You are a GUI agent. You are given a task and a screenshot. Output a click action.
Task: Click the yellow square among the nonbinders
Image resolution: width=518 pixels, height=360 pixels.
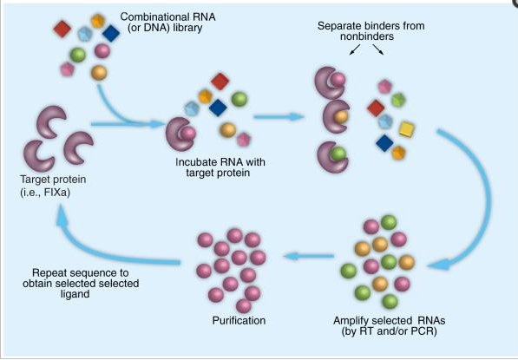point(407,129)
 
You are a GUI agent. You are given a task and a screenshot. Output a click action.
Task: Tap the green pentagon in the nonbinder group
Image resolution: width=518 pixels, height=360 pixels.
point(399,100)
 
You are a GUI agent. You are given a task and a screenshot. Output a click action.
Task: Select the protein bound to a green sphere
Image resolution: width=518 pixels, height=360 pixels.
point(332,156)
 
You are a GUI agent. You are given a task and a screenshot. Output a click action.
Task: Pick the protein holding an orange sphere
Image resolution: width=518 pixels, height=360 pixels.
point(335,116)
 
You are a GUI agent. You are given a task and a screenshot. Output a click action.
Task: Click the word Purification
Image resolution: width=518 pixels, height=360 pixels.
point(239,320)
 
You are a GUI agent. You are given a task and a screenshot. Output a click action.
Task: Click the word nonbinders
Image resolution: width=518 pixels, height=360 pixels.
point(367,36)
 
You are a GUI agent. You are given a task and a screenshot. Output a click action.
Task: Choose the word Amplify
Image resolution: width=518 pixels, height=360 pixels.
point(351,321)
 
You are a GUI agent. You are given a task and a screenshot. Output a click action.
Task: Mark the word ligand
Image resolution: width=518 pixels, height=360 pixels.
point(75,294)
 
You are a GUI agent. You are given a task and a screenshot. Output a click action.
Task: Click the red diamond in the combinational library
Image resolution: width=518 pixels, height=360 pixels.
point(62,29)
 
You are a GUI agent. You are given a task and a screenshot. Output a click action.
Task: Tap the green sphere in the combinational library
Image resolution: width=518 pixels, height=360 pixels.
point(78,55)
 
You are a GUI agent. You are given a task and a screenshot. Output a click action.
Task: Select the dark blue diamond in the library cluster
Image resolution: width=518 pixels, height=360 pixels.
point(111,33)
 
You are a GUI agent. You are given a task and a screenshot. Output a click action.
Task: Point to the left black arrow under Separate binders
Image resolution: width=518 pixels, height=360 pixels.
point(355,49)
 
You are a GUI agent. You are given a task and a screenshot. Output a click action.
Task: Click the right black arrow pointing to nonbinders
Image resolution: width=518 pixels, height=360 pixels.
point(378,49)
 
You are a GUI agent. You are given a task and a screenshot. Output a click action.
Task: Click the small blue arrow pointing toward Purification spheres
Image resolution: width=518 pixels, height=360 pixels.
point(308,256)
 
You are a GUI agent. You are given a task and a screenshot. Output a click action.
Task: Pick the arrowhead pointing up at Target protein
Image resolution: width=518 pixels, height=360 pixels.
point(62,214)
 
